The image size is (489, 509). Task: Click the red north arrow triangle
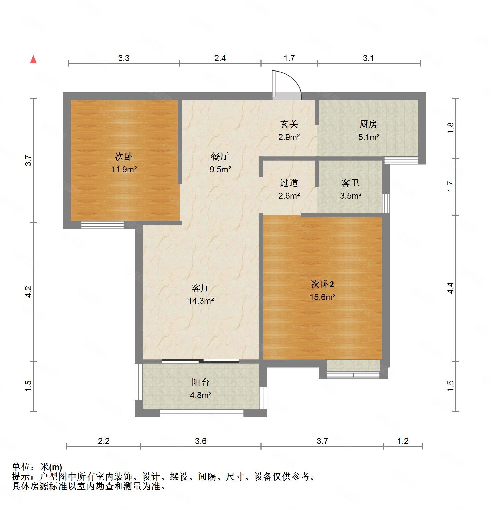click(x=33, y=60)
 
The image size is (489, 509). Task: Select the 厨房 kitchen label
click(x=368, y=124)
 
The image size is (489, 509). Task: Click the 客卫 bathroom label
click(x=350, y=183)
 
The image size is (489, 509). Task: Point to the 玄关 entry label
click(x=289, y=124)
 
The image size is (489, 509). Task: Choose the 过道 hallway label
click(x=289, y=183)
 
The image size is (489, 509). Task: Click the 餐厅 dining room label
click(x=220, y=156)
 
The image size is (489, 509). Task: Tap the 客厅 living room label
click(x=200, y=288)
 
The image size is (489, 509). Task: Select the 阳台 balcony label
click(x=200, y=382)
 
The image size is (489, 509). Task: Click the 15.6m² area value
click(x=322, y=297)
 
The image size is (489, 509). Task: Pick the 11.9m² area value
click(x=124, y=169)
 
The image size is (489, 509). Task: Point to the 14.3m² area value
click(x=200, y=301)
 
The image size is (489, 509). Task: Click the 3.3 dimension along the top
click(x=124, y=58)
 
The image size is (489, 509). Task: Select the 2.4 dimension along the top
click(x=220, y=58)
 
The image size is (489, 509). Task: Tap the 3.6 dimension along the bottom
click(x=201, y=441)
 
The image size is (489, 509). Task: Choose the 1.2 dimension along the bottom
click(x=403, y=441)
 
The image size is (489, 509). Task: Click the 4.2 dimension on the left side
click(x=28, y=292)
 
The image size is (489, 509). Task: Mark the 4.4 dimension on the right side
click(x=451, y=288)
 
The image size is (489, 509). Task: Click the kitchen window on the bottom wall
click(x=401, y=161)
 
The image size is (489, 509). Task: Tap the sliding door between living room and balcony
click(x=200, y=361)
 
